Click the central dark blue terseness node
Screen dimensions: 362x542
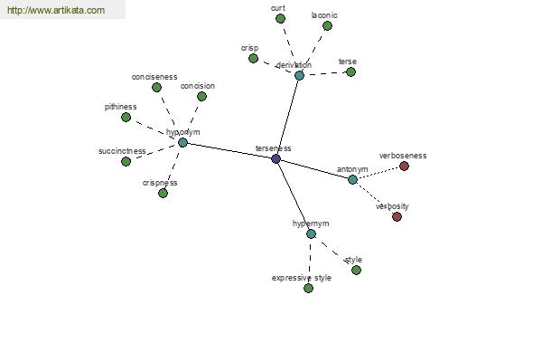pyautogui.click(x=276, y=158)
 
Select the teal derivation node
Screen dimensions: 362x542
pyautogui.click(x=299, y=75)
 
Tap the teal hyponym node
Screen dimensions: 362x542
pyautogui.click(x=182, y=142)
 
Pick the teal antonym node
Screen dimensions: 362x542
pyautogui.click(x=352, y=179)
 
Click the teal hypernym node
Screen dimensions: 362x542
pyautogui.click(x=311, y=233)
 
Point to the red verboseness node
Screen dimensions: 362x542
pyautogui.click(x=404, y=166)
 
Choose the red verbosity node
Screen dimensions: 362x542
pyautogui.click(x=397, y=216)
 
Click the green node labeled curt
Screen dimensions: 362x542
pyautogui.click(x=280, y=18)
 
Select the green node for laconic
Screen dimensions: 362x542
pyautogui.click(x=327, y=25)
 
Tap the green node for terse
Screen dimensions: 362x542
pyautogui.click(x=350, y=71)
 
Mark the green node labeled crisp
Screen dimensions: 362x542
pyautogui.click(x=253, y=58)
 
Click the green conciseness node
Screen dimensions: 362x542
pyautogui.click(x=155, y=87)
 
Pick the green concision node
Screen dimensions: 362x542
pyautogui.click(x=201, y=96)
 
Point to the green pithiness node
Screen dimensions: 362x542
pyautogui.click(x=126, y=117)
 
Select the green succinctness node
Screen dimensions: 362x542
pyautogui.click(x=126, y=161)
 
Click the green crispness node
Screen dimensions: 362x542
pyautogui.click(x=163, y=193)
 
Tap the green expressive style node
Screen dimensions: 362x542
pyautogui.click(x=308, y=288)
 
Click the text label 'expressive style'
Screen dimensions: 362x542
pyautogui.click(x=302, y=278)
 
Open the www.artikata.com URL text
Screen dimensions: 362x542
pyautogui.click(x=55, y=11)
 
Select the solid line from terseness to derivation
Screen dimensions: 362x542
pyautogui.click(x=287, y=117)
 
